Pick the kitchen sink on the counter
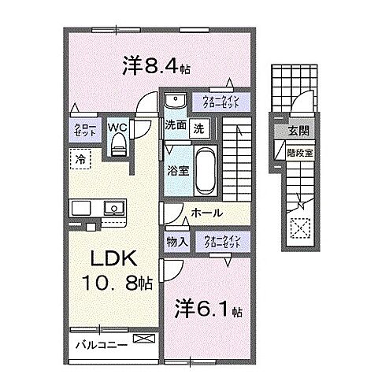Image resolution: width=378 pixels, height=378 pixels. tap(113, 209)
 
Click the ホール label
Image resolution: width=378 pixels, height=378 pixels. tap(206, 213)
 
